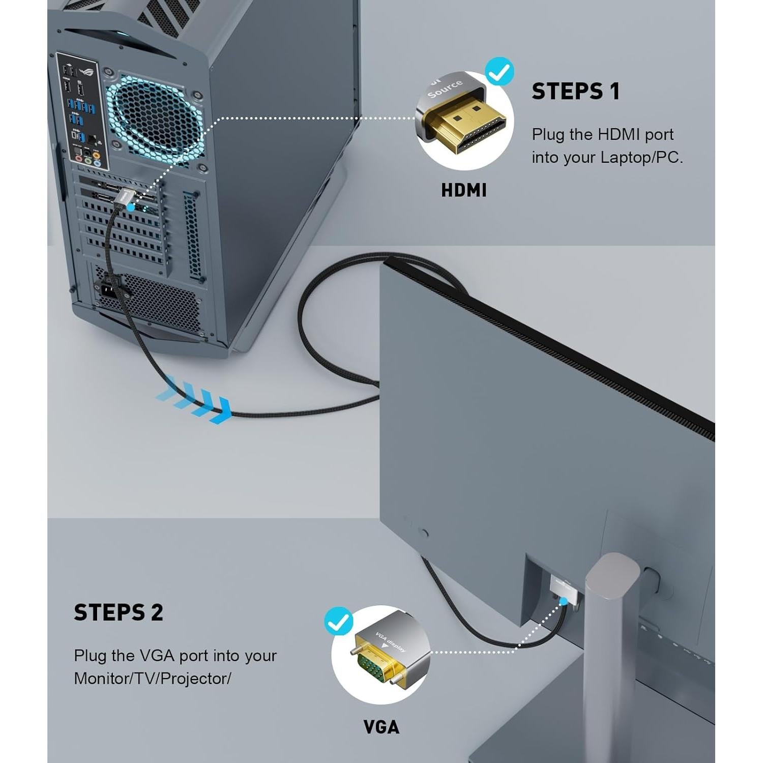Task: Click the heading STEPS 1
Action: click(575, 92)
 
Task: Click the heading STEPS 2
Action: click(118, 612)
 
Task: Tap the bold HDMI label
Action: click(463, 190)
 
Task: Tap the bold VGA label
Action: click(381, 727)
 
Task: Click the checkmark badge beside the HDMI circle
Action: click(499, 72)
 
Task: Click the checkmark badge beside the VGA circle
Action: click(338, 621)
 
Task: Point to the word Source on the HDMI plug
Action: click(446, 89)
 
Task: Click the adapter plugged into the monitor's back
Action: click(564, 590)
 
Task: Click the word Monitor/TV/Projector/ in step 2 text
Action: click(152, 679)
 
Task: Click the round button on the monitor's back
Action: click(423, 533)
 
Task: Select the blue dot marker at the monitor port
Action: click(563, 601)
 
